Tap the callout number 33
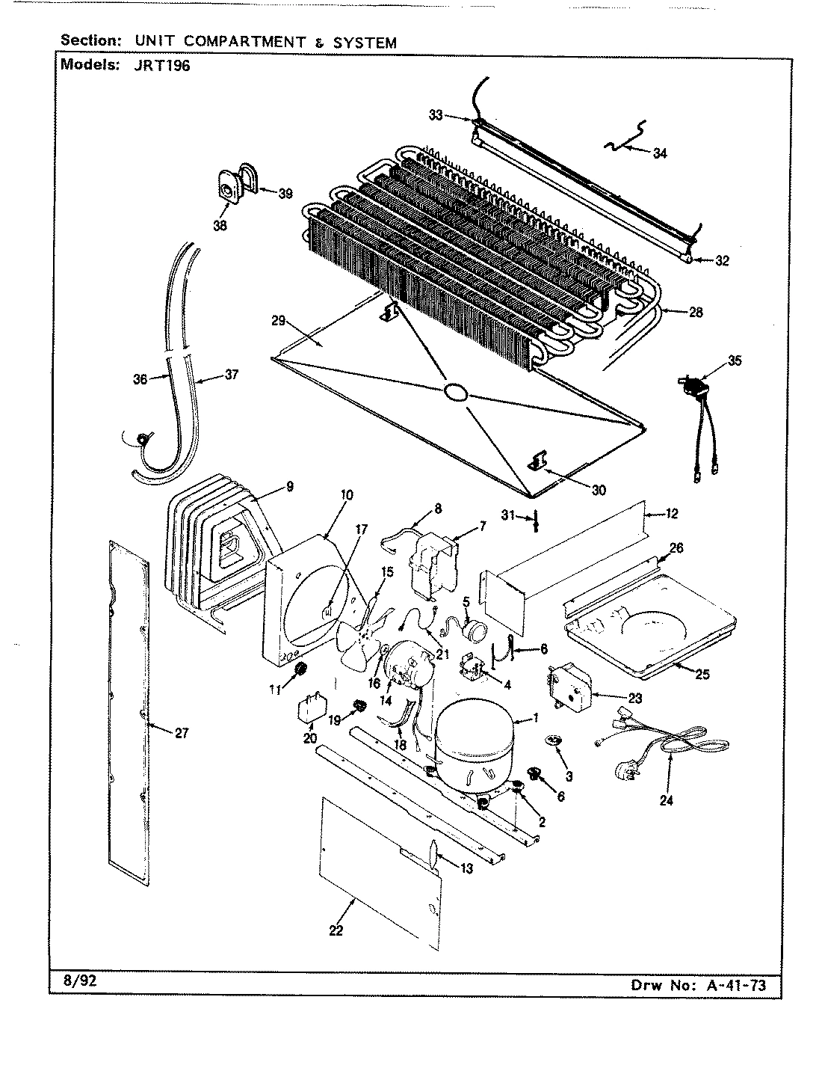pyautogui.click(x=436, y=114)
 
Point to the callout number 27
pyautogui.click(x=182, y=732)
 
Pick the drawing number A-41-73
pyautogui.click(x=735, y=984)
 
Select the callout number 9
pyautogui.click(x=289, y=487)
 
